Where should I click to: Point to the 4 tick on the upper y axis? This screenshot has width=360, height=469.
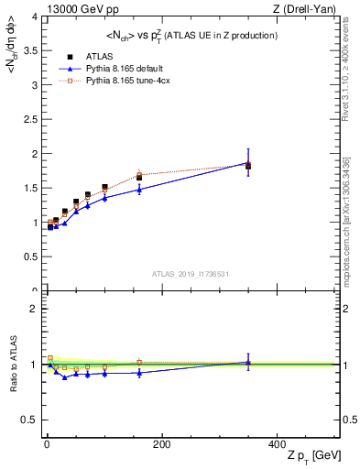click(36, 16)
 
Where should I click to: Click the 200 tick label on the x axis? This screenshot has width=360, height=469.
click(161, 443)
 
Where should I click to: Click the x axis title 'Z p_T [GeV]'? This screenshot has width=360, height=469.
click(310, 456)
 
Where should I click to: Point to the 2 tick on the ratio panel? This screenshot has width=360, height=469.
click(36, 309)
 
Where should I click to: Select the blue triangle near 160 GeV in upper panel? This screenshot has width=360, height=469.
click(139, 190)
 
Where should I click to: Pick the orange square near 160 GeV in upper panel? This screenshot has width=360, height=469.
click(139, 174)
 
